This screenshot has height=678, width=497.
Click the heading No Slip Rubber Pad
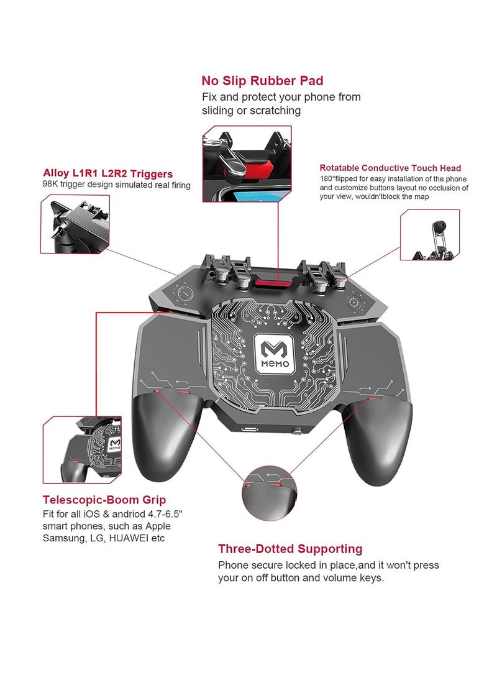262,81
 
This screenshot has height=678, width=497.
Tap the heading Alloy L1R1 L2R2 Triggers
108,173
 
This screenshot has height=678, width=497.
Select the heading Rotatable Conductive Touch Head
390,168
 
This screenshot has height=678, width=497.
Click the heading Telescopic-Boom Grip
104,500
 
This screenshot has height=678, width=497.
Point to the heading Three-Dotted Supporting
290,549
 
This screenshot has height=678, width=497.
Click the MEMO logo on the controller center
278,355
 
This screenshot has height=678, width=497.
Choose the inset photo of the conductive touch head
429,235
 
